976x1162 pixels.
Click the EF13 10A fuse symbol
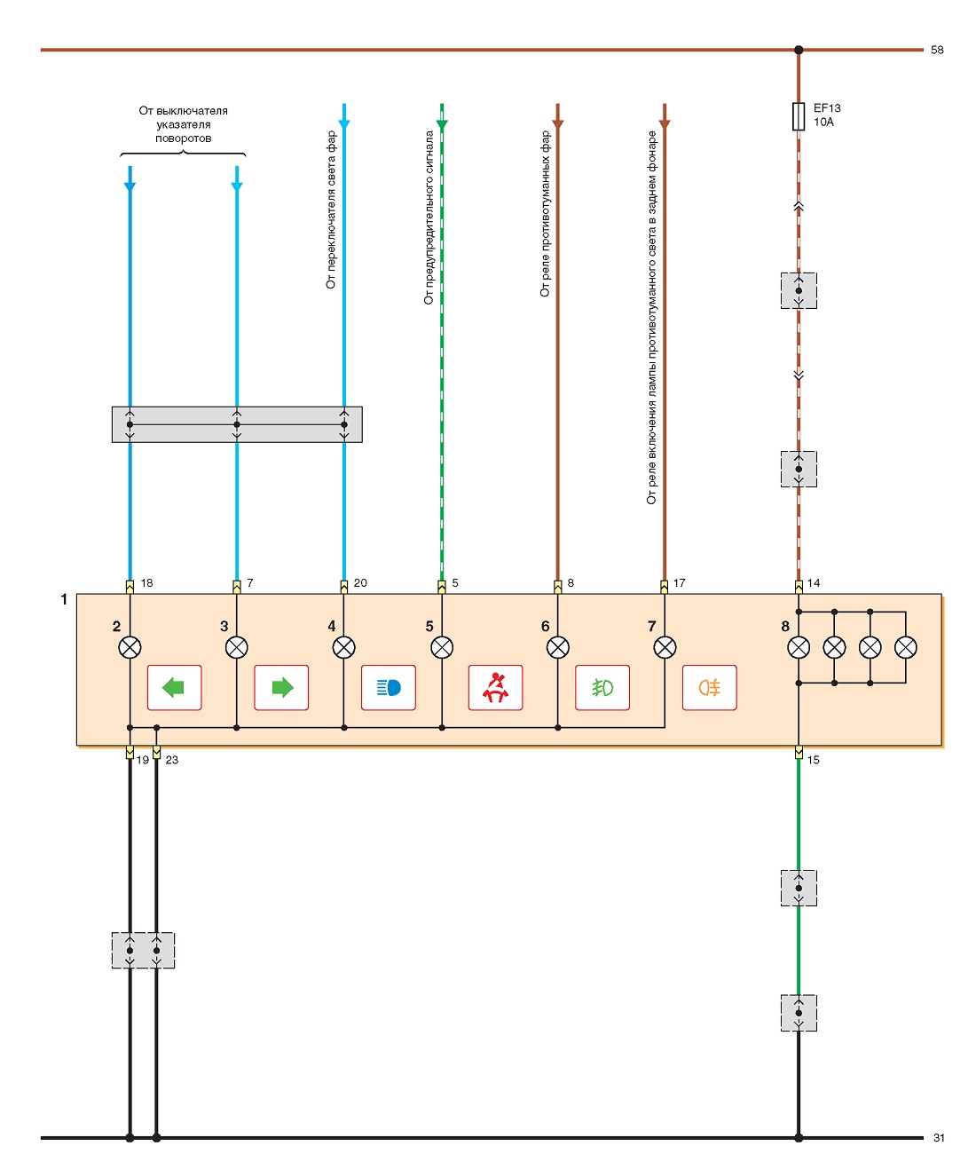[798, 116]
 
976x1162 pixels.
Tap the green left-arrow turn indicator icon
[174, 687]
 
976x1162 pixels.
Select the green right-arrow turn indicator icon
[282, 687]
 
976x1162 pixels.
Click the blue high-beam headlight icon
[389, 688]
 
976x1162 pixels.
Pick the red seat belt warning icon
[495, 687]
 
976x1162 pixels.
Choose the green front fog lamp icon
[602, 688]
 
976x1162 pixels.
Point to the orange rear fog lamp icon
[710, 688]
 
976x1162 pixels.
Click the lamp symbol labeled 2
[130, 647]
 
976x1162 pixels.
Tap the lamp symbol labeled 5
[442, 647]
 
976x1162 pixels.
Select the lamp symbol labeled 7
[665, 647]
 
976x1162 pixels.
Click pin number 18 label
[147, 582]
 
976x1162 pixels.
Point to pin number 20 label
[360, 582]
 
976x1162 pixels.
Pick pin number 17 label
[680, 582]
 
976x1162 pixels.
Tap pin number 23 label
[172, 760]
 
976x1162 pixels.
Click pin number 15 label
[813, 760]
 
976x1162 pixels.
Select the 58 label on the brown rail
[937, 50]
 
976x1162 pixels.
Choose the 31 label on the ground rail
[939, 1138]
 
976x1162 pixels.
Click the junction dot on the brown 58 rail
[799, 50]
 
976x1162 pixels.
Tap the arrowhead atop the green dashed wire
[442, 124]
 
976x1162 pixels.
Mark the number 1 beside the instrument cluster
[64, 599]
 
